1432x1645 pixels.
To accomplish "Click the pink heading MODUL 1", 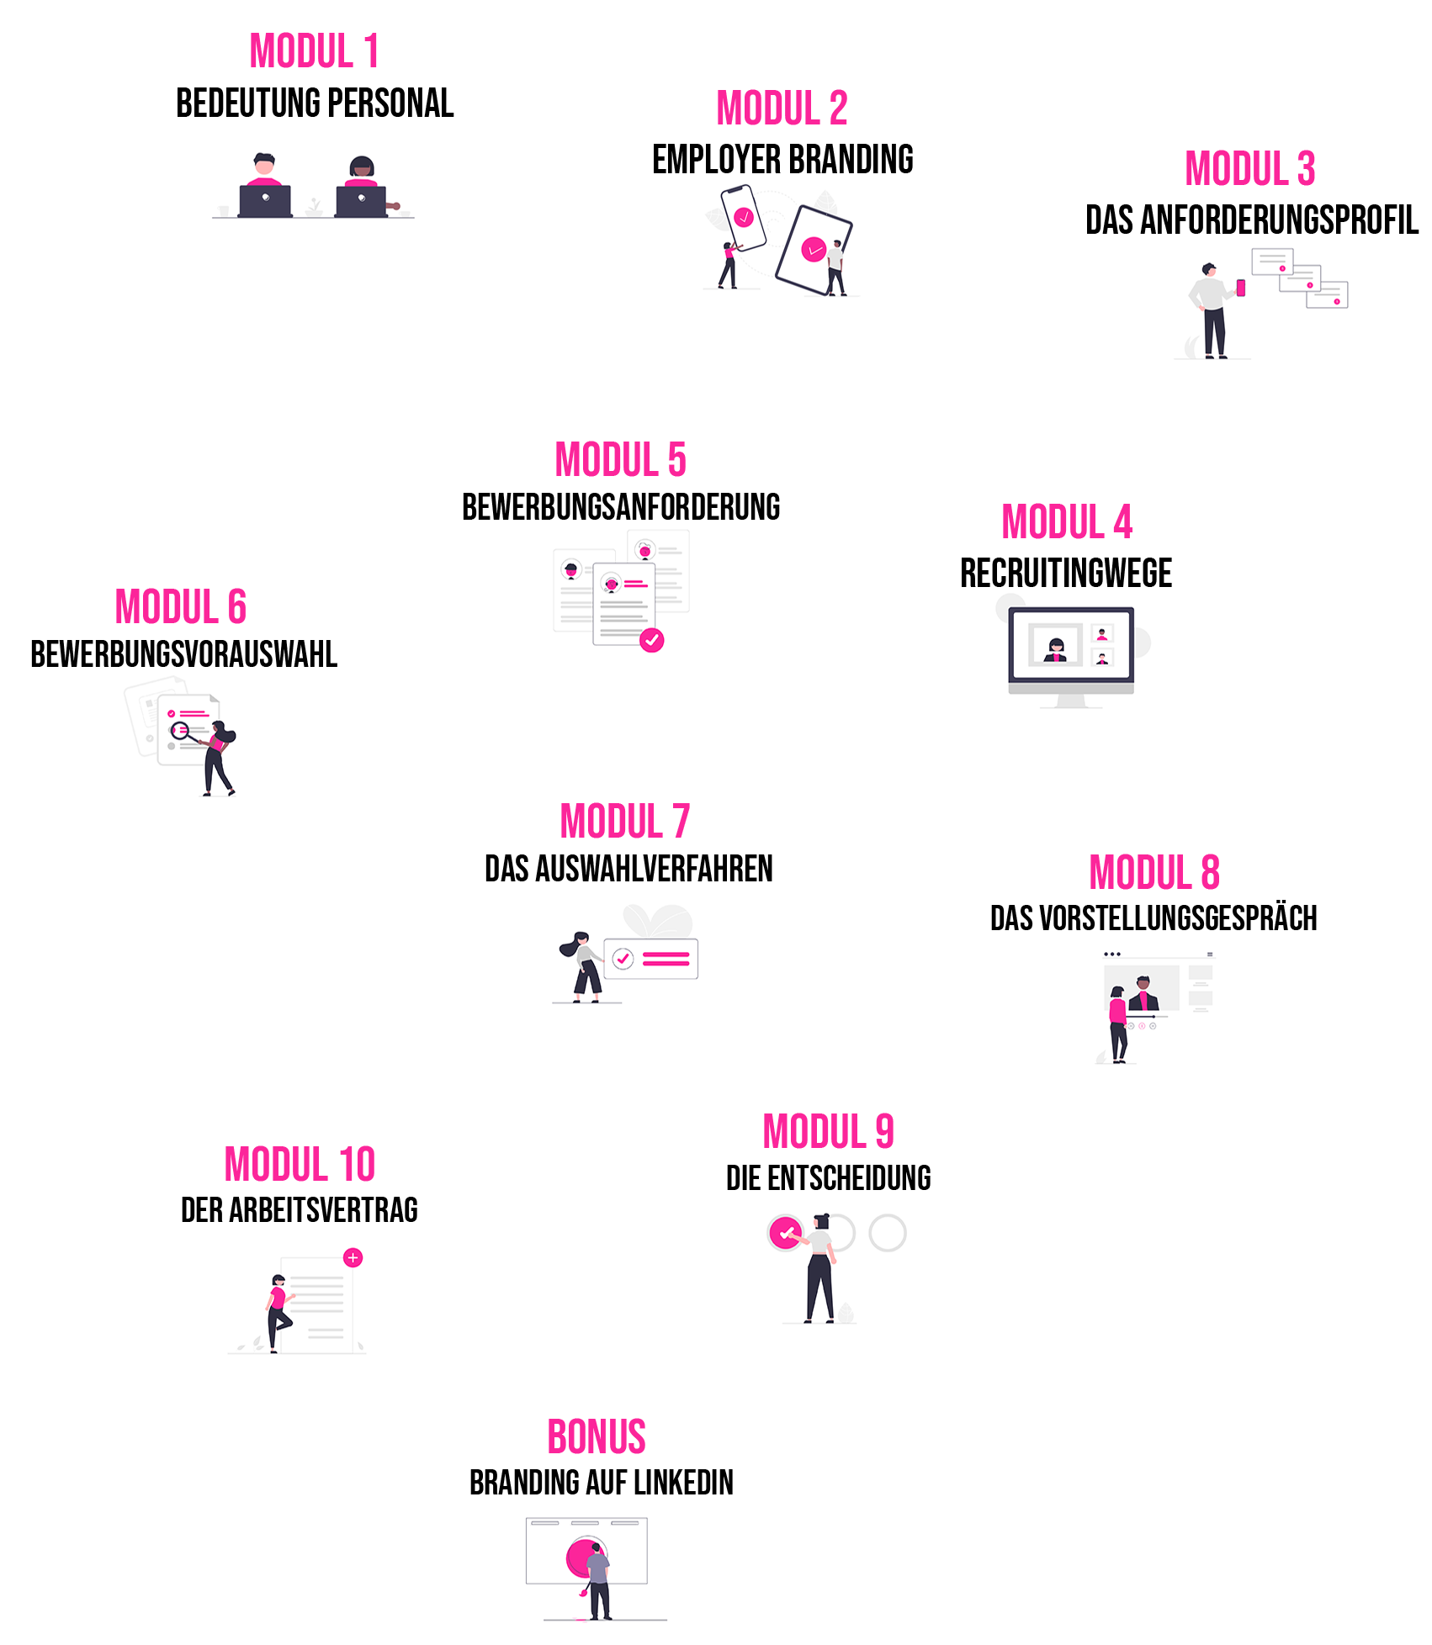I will click(x=314, y=51).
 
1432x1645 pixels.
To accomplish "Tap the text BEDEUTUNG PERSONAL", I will click(x=315, y=104).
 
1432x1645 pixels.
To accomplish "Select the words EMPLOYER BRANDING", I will click(x=782, y=160).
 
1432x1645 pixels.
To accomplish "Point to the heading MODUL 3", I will click(x=1249, y=169).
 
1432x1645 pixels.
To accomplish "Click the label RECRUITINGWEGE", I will click(x=1066, y=574).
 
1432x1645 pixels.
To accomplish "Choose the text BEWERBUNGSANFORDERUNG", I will click(x=621, y=507).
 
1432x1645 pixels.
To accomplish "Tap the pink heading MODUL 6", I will click(x=181, y=607).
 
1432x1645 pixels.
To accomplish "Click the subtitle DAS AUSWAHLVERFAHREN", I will click(x=628, y=869).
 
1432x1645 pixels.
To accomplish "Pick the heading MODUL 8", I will click(x=1154, y=872).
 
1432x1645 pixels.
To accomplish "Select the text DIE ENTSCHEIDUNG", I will click(x=828, y=1178).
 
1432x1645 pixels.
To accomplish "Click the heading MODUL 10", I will click(x=300, y=1165).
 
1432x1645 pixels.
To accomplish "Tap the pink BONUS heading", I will click(x=597, y=1436).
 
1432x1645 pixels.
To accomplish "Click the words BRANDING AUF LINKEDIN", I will click(x=601, y=1483).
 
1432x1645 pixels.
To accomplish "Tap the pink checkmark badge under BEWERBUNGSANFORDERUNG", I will click(x=651, y=640).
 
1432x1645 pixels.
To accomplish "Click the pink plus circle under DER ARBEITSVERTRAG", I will click(x=353, y=1257).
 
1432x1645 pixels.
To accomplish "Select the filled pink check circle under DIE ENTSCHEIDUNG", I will click(x=786, y=1233).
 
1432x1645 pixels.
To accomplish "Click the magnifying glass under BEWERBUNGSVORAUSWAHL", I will click(x=180, y=730).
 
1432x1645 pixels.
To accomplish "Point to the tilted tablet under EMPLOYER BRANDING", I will click(x=812, y=250).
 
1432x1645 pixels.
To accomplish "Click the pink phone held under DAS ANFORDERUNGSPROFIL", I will click(x=1240, y=288).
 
